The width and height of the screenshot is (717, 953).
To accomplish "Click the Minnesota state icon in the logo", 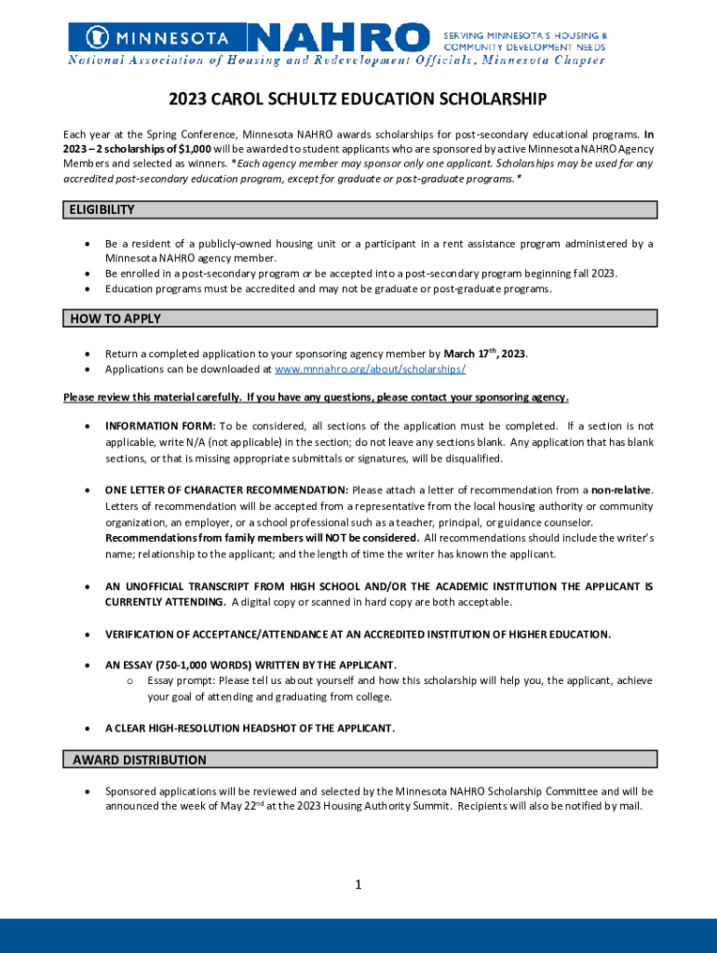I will [92, 38].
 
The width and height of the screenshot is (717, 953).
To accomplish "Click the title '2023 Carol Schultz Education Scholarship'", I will [358, 100].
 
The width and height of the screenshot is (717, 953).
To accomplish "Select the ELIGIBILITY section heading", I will [102, 210].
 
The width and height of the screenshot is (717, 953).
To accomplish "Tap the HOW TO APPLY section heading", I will [115, 318].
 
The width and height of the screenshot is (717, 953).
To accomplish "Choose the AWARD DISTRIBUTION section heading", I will [140, 759].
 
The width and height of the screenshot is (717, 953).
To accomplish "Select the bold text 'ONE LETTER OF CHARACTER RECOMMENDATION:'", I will [226, 490].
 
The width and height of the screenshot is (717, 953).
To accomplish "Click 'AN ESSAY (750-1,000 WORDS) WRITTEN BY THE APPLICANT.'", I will [250, 664].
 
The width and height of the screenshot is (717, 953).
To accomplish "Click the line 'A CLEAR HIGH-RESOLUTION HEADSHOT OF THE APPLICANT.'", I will [250, 728].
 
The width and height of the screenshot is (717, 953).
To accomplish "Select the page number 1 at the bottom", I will [358, 885].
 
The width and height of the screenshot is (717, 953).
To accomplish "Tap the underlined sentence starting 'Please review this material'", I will [316, 397].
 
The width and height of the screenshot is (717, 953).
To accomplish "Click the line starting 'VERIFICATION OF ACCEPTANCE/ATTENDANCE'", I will [358, 634].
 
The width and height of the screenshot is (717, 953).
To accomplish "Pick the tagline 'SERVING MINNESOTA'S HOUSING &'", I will [525, 33].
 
